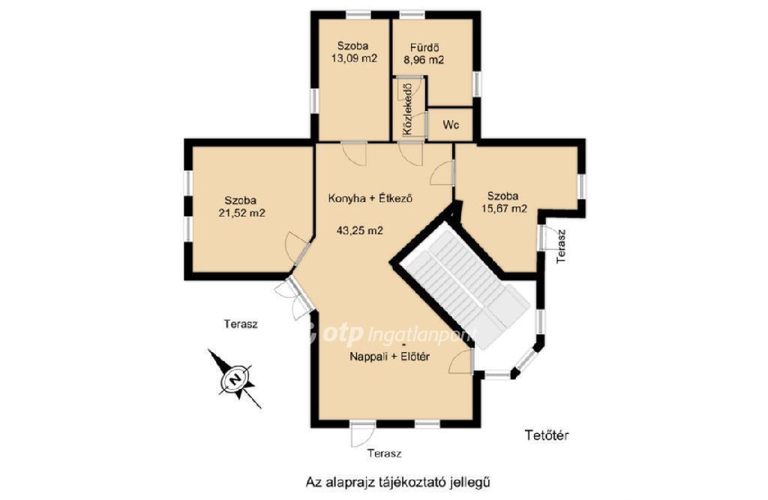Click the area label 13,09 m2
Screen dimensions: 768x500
[354, 59]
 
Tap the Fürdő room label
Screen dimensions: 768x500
[424, 48]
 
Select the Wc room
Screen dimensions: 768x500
[451, 125]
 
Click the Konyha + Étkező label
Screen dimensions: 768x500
[370, 198]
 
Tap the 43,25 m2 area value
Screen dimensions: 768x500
[360, 230]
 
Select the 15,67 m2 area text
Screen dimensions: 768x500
[503, 209]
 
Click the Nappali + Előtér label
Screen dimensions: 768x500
[389, 357]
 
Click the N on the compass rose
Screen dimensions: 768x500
[235, 379]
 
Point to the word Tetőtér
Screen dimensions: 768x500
[547, 435]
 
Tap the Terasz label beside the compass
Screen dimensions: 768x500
[241, 324]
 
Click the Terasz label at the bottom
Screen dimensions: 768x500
[385, 453]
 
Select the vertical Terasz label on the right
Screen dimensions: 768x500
[561, 246]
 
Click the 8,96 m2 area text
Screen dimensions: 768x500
[424, 60]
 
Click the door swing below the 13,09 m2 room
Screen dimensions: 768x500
[354, 154]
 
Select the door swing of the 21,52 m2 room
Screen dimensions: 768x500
[298, 249]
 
